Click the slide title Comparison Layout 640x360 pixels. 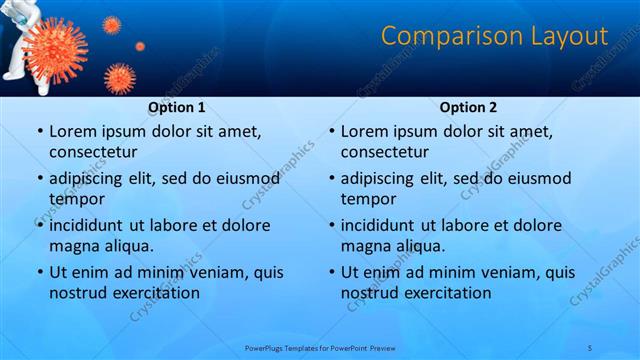coord(495,37)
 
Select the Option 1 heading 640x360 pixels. coord(177,107)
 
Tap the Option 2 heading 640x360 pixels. coord(469,107)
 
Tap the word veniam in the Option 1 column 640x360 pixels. coord(209,271)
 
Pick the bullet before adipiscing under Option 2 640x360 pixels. coord(330,179)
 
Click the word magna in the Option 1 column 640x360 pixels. coord(73,245)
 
